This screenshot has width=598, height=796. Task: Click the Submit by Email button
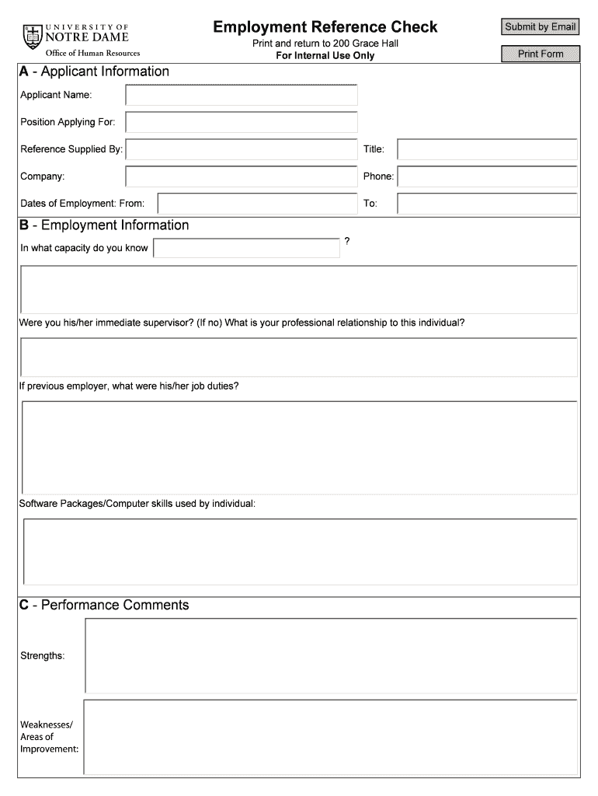540,27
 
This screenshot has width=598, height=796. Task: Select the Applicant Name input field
242,96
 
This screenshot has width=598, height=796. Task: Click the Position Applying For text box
242,123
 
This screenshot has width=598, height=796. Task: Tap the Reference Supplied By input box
242,149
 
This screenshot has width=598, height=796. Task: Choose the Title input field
487,149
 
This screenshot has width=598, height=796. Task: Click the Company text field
242,176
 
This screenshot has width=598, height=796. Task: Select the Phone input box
487,176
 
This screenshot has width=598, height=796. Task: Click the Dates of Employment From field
257,204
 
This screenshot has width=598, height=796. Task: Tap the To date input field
487,204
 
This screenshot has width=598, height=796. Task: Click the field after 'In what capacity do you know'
246,248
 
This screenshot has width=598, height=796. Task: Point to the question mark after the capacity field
346,242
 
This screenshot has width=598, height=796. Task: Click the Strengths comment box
331,655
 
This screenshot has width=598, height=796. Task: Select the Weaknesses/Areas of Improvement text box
330,737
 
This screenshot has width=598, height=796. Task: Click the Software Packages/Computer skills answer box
301,550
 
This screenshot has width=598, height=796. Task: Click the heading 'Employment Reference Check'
325,27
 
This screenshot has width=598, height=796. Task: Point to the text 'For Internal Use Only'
325,56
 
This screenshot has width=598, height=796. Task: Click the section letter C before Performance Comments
25,606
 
